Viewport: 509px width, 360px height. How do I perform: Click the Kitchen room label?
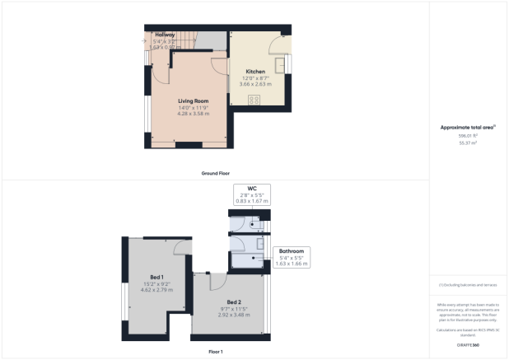254,72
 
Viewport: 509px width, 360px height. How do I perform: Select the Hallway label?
164,35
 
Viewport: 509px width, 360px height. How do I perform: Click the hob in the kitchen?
254,100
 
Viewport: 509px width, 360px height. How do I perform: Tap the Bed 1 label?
156,276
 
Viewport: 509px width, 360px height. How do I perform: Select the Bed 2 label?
234,302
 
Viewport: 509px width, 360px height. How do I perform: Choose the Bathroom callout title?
292,250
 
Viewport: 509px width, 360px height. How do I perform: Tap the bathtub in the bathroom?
248,257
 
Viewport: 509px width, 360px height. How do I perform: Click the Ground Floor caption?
215,174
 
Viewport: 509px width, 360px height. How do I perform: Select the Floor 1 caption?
215,352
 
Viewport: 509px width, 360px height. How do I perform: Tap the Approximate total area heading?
468,128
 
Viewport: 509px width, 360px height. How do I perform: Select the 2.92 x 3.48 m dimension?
234,314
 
